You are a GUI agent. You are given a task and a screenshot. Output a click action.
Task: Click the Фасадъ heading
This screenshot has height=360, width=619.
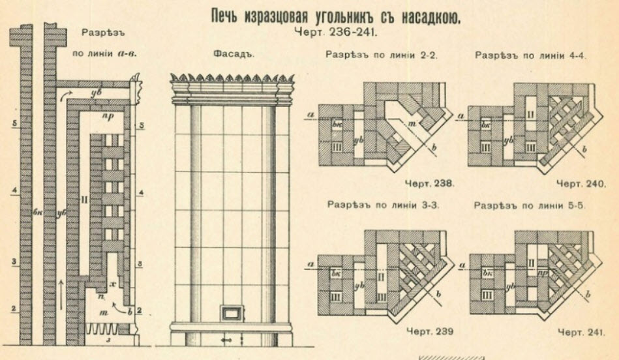pos(232,55)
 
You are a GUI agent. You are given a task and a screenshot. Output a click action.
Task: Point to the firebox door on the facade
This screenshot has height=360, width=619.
pos(230,312)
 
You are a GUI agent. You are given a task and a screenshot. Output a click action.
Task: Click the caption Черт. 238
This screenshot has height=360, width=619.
pos(429,184)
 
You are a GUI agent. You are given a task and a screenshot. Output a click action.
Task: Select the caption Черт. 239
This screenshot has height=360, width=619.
pos(429,332)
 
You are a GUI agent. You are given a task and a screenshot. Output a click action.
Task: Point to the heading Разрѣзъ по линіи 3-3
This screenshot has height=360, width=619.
pos(382,204)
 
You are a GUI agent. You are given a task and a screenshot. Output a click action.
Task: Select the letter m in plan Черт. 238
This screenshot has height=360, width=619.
pos(410,124)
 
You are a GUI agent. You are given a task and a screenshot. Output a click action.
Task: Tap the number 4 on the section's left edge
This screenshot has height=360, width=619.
pos(13,191)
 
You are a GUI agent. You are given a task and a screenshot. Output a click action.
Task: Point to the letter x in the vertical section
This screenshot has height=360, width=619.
pos(113,284)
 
